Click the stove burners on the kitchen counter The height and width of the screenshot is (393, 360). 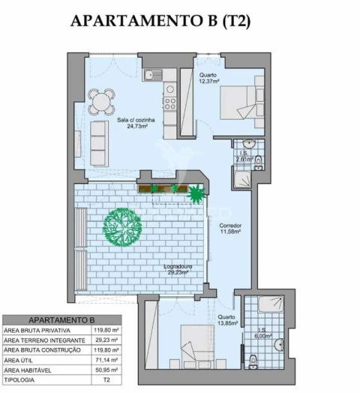point(170,94)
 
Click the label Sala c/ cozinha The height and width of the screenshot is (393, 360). point(136,120)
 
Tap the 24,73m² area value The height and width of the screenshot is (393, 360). point(136,127)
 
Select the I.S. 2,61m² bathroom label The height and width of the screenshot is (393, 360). point(242,157)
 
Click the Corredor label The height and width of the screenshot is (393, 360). point(229,225)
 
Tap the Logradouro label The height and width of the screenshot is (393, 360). point(179,266)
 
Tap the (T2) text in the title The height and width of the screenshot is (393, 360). point(235,22)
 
